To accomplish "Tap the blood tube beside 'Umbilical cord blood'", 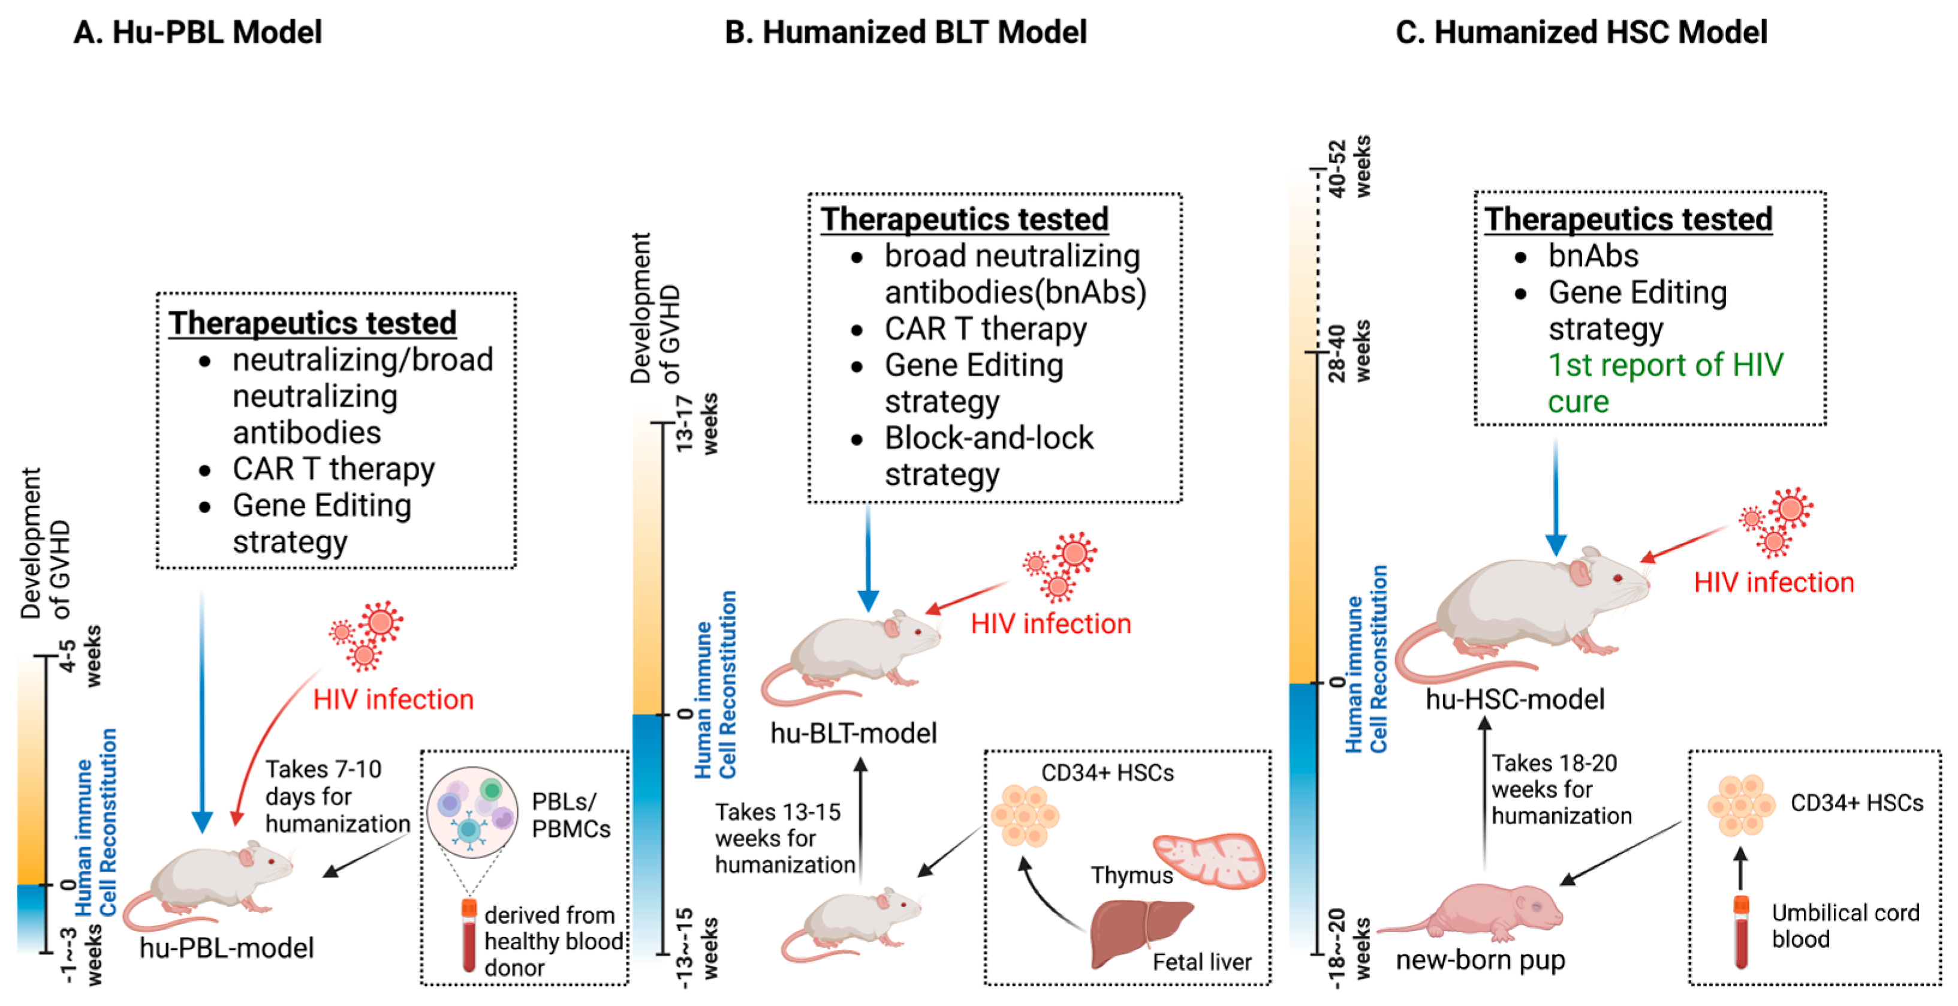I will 1740,932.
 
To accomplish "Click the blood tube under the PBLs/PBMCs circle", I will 469,935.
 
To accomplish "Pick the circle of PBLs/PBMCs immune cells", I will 472,812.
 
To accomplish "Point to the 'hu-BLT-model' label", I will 854,733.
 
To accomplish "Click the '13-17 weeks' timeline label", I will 696,424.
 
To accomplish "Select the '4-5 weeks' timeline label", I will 80,656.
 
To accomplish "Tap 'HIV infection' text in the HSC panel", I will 1774,582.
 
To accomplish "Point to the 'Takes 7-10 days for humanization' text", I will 337,796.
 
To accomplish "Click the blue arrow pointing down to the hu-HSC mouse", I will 1556,494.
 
